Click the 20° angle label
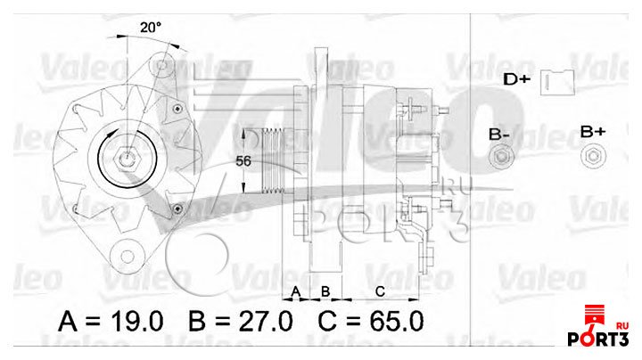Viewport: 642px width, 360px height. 150,27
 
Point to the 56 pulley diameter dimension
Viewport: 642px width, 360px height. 242,161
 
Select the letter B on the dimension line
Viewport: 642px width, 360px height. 325,291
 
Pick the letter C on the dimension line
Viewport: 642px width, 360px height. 379,291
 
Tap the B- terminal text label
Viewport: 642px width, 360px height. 499,135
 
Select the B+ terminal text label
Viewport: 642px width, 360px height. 593,132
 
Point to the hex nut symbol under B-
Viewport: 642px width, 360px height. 501,160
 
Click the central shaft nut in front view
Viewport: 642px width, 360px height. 127,160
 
